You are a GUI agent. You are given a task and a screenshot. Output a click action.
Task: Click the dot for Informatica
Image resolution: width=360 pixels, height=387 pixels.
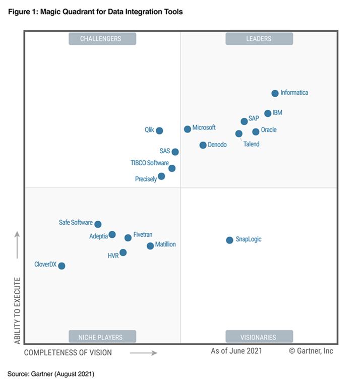pyautogui.click(x=275, y=93)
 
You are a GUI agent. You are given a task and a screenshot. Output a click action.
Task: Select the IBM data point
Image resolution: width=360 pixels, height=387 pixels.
pyautogui.click(x=268, y=113)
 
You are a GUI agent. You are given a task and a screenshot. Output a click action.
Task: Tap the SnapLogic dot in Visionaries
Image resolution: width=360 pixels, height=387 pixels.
pyautogui.click(x=229, y=240)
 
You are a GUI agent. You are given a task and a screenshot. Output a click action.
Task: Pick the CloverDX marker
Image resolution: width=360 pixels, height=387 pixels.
pyautogui.click(x=62, y=266)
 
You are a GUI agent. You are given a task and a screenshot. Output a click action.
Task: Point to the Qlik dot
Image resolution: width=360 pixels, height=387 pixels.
pyautogui.click(x=159, y=131)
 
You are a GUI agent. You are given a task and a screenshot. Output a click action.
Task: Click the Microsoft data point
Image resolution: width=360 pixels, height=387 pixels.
pyautogui.click(x=188, y=129)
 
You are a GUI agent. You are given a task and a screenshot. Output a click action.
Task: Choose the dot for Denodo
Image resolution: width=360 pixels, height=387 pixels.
pyautogui.click(x=203, y=145)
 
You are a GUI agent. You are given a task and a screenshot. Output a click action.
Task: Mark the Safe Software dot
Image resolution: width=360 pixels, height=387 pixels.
pyautogui.click(x=98, y=224)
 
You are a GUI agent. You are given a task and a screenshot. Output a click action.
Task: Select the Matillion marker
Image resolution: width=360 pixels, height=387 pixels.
pyautogui.click(x=150, y=246)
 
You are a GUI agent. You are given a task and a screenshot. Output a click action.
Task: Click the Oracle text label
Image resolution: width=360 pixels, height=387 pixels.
pyautogui.click(x=269, y=130)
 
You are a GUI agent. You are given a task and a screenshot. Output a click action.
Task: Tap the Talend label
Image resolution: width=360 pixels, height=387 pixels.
pyautogui.click(x=251, y=144)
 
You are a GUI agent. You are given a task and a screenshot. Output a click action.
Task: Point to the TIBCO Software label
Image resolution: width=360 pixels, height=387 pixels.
pyautogui.click(x=149, y=163)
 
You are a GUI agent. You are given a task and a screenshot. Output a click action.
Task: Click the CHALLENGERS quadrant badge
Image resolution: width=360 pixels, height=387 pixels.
pyautogui.click(x=102, y=39)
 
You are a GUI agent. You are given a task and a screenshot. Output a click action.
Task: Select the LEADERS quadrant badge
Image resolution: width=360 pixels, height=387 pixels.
pyautogui.click(x=259, y=39)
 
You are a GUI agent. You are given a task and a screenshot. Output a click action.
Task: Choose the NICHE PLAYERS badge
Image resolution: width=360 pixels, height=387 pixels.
pyautogui.click(x=102, y=337)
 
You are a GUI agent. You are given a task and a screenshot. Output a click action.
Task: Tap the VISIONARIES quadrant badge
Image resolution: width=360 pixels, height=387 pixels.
pyautogui.click(x=259, y=337)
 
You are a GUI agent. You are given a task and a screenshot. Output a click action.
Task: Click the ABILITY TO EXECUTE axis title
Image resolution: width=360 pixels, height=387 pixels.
pyautogui.click(x=18, y=310)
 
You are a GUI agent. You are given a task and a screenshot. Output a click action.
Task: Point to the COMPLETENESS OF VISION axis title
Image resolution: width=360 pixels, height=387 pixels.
pyautogui.click(x=68, y=353)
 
